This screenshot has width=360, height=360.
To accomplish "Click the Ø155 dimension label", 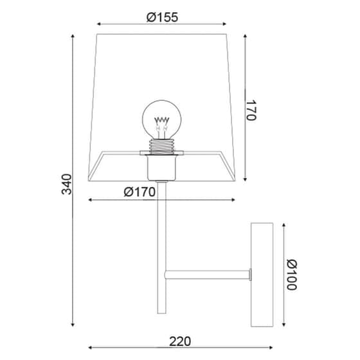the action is coord(162,17).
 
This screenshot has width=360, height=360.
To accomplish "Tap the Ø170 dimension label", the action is coord(139,192).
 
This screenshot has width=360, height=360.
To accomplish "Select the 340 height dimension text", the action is coord(67,184).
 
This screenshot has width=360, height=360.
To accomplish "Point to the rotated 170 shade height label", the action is coord(251,110).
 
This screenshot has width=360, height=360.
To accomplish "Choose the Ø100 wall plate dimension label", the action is coord(292,275).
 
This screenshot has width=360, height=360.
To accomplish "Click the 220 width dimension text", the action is coord(180,341).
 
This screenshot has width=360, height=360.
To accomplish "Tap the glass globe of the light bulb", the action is coord(161,119).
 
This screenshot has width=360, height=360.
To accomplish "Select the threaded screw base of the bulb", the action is coord(161,147).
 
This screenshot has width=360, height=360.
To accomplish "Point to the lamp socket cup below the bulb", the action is coord(161,168).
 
